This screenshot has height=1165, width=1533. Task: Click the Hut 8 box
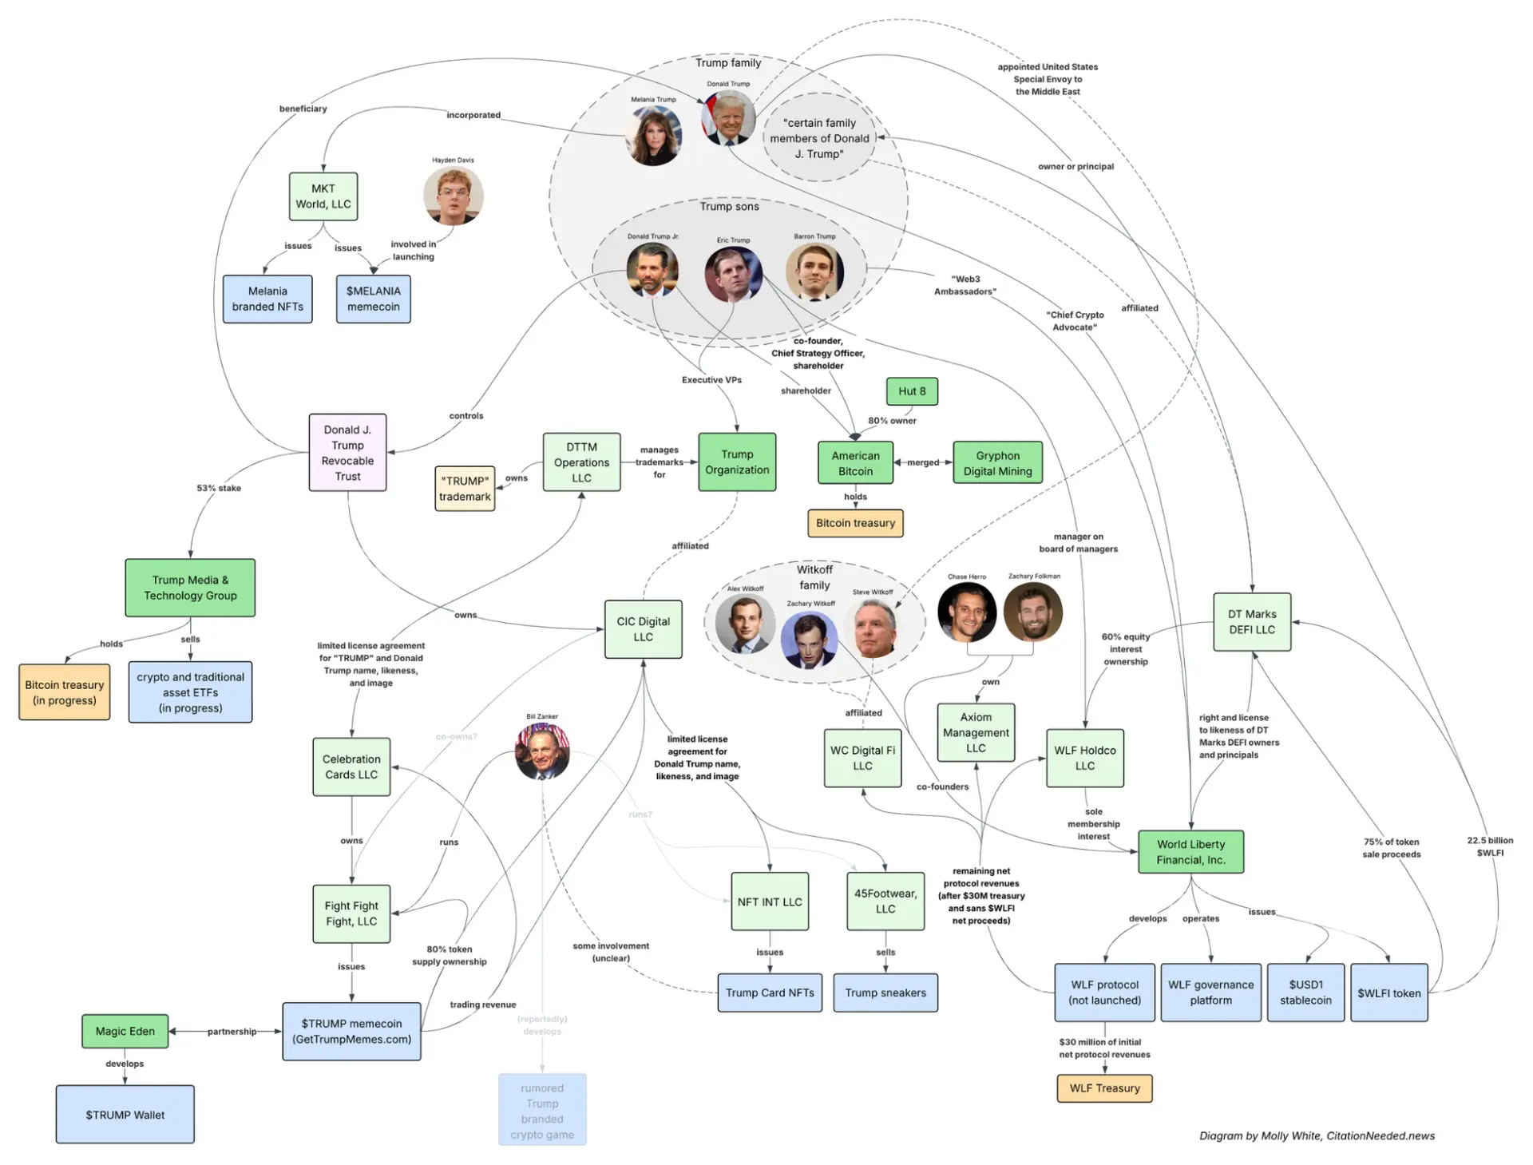912,391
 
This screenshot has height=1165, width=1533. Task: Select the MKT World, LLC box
323,196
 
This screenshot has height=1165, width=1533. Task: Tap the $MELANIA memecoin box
373,299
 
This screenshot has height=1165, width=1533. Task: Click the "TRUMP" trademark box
465,489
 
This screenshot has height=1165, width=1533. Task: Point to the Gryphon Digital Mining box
997,463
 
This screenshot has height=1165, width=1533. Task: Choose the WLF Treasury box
1104,1088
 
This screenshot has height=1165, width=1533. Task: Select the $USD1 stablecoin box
1305,993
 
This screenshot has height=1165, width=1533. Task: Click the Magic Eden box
125,1032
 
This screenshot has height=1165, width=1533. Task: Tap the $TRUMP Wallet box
125,1115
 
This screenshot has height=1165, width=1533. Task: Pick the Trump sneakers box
885,993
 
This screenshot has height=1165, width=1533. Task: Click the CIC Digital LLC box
643,629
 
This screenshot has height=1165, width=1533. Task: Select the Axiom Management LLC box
976,733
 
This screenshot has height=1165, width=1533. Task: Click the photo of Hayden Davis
454,196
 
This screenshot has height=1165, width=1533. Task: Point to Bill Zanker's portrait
542,751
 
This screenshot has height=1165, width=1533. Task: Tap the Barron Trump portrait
814,271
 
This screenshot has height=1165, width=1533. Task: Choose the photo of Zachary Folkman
1033,612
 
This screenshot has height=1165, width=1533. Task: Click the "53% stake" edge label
219,488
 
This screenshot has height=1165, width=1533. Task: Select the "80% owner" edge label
892,421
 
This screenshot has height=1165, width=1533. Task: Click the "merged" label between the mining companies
923,462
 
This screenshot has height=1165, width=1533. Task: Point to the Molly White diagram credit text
1317,1136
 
